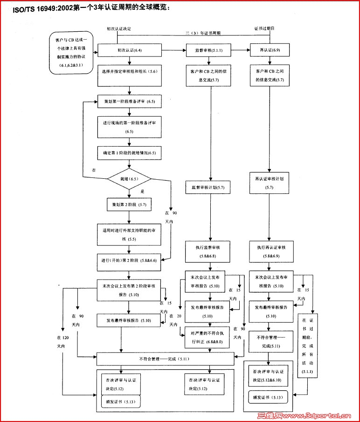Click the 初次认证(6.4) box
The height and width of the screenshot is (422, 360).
coord(129,49)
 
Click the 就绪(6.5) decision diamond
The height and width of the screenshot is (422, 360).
coord(129,179)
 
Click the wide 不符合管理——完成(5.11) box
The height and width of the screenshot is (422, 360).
coord(165,359)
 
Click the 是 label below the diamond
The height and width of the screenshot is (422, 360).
coord(143,191)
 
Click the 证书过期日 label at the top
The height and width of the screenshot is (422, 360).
coord(264,28)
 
